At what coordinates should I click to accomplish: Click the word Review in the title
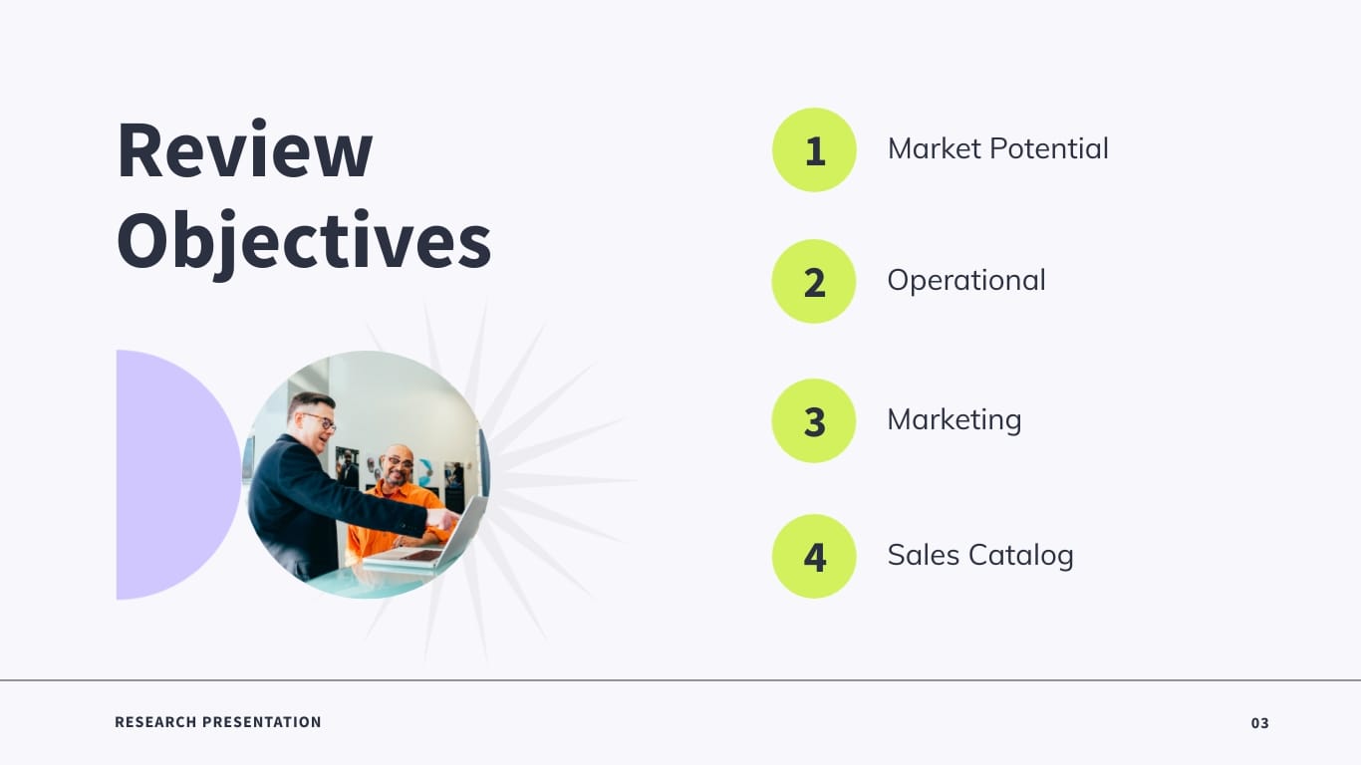245,150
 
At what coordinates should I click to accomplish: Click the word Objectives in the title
304,241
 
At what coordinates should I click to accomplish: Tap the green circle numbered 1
814,150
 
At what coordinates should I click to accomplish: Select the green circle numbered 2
814,282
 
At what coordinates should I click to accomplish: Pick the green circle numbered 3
814,420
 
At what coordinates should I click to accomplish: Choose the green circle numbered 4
814,556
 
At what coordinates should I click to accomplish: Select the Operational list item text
966,281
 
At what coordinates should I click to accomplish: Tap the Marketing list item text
954,419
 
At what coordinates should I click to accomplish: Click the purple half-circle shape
169,474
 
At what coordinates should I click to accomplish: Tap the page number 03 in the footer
1260,723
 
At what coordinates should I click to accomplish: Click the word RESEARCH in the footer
154,722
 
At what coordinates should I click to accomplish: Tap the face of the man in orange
398,465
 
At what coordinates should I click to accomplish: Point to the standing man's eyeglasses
320,419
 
